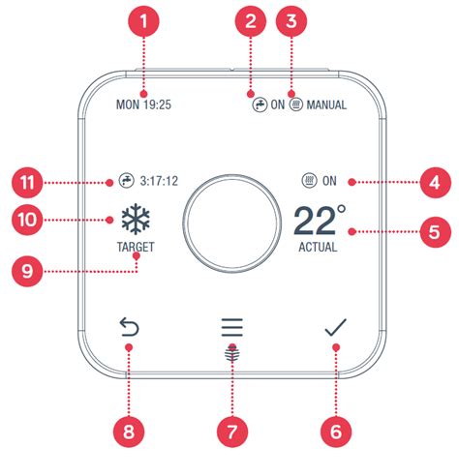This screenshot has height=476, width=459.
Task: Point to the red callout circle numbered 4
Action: pyautogui.click(x=434, y=180)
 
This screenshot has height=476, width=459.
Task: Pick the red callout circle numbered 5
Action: pyautogui.click(x=434, y=231)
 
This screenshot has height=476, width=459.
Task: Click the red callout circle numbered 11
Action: pyautogui.click(x=28, y=180)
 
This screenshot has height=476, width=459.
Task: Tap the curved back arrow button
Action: pyautogui.click(x=129, y=329)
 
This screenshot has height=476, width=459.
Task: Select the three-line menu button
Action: pyautogui.click(x=232, y=327)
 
